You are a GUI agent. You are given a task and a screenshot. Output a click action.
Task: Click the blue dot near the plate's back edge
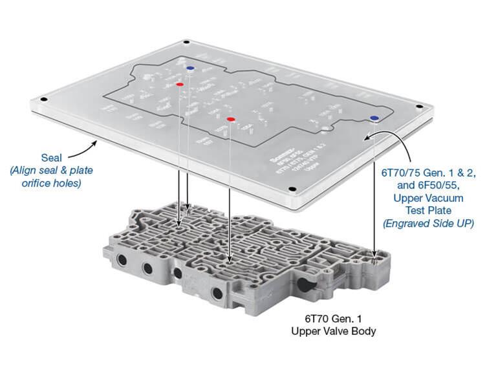[189, 67]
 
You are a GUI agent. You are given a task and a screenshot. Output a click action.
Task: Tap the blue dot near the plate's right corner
[374, 118]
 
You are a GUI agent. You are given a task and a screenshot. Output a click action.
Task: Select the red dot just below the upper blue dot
[179, 85]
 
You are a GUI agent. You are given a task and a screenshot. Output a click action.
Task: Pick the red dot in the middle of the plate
[230, 119]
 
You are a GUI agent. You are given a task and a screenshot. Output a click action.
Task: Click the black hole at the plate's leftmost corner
[43, 100]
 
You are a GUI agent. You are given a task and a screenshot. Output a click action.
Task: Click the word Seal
[53, 157]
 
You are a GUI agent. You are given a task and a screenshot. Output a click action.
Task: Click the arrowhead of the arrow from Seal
[95, 138]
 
